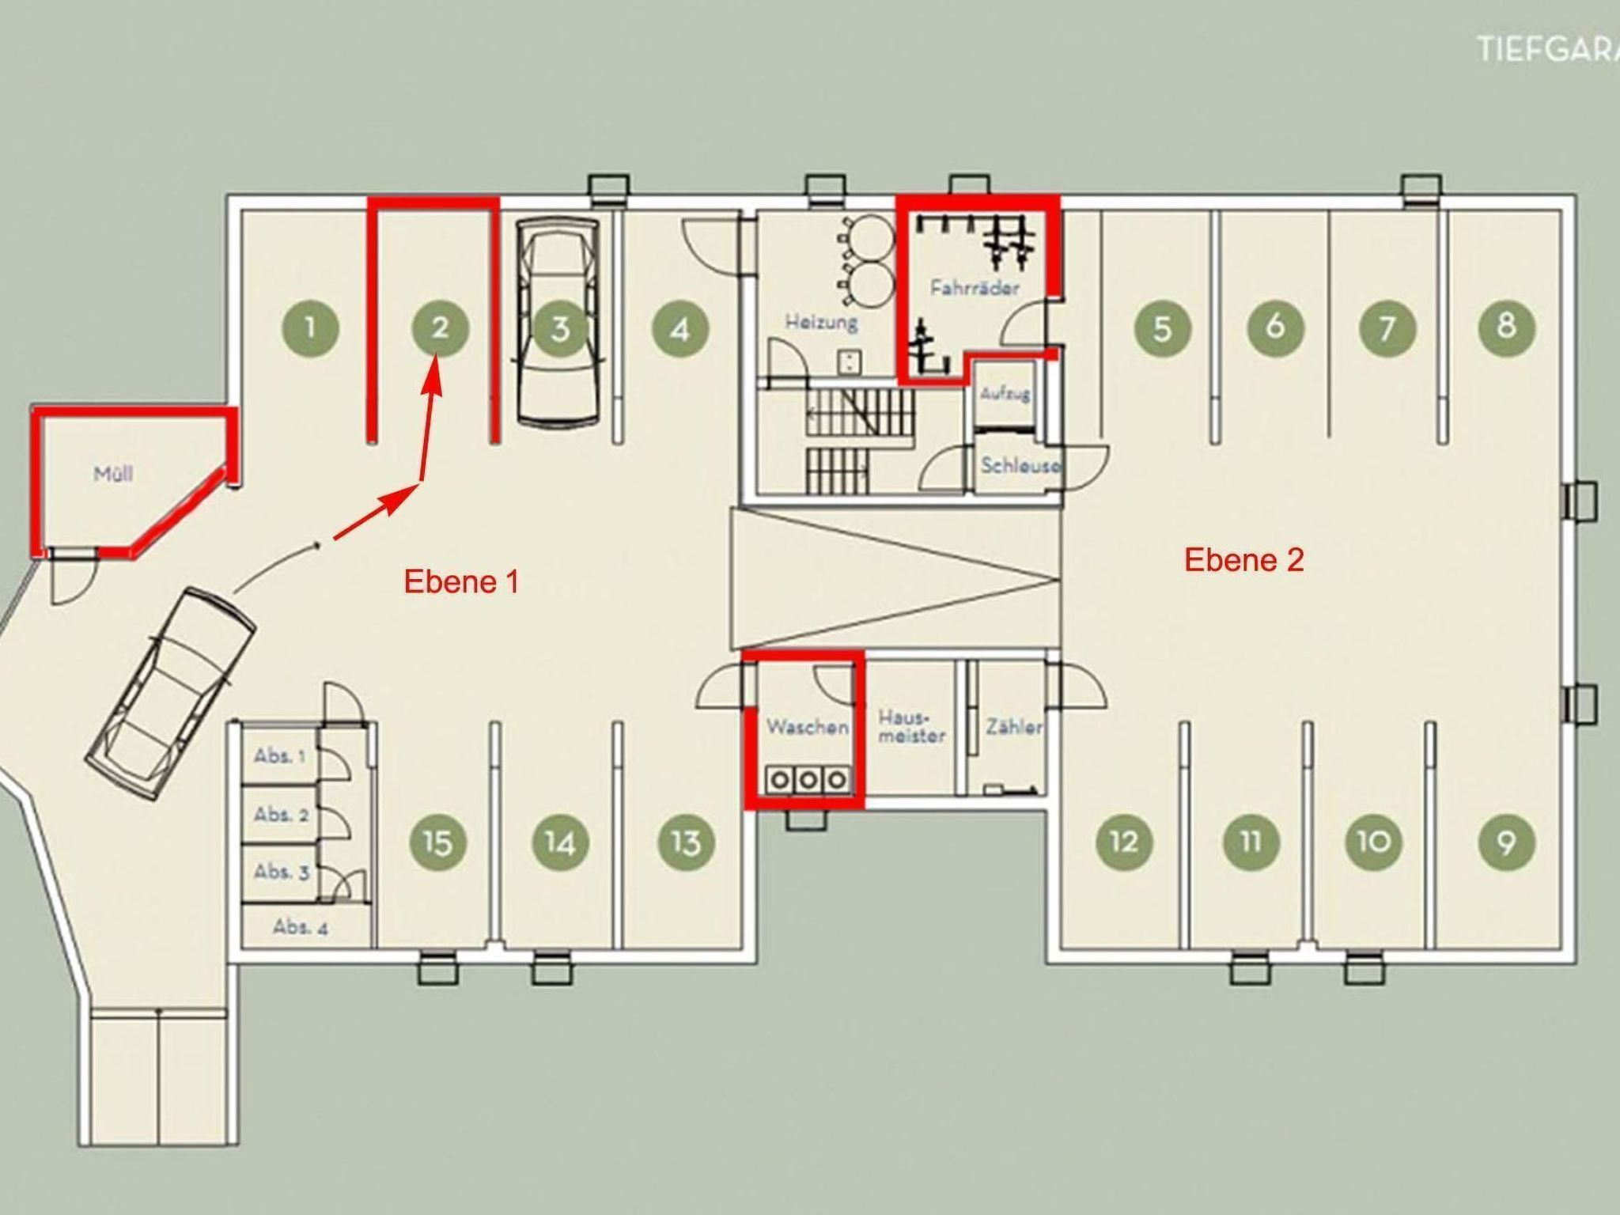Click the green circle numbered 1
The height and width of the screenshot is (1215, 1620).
click(x=310, y=327)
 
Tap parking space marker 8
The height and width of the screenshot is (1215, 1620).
click(x=1506, y=326)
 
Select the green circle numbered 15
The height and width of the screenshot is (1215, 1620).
click(x=437, y=842)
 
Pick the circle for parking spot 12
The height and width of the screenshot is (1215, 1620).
click(x=1124, y=842)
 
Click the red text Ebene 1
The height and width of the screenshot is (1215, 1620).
click(x=461, y=582)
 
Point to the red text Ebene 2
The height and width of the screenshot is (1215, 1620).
click(x=1243, y=560)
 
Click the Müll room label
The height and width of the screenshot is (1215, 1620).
click(x=113, y=475)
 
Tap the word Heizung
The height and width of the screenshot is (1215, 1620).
click(x=821, y=322)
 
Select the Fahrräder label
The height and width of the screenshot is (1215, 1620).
click(x=975, y=287)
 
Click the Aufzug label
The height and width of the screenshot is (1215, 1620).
click(x=1005, y=393)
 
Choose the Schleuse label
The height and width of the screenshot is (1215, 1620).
click(x=1019, y=465)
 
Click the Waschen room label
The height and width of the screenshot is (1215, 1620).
click(x=807, y=726)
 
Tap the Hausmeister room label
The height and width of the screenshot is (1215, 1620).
click(x=911, y=726)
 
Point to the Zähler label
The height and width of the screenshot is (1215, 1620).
click(x=1013, y=726)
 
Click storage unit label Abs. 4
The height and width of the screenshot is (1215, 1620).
click(x=300, y=927)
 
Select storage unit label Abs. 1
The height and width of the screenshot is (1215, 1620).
click(x=279, y=756)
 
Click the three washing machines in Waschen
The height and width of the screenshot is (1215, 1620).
click(x=808, y=781)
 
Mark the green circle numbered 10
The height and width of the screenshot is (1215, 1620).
click(x=1374, y=842)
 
